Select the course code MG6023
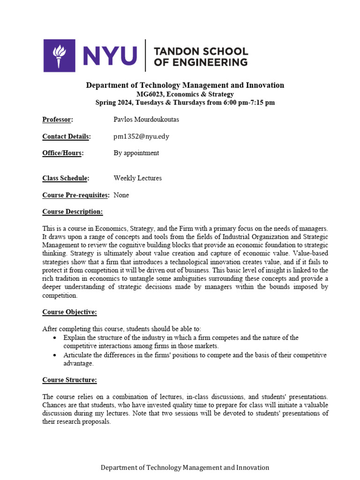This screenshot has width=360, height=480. click(152, 94)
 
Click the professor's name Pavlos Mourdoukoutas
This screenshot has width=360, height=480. click(146, 120)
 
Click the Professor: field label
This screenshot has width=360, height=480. click(58, 120)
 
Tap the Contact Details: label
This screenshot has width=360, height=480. click(66, 136)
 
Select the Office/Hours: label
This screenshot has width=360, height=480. click(63, 153)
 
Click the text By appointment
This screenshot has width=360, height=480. click(136, 153)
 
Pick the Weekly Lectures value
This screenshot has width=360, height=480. click(137, 178)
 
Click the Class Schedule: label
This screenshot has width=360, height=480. click(66, 178)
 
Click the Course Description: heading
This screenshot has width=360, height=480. click(73, 212)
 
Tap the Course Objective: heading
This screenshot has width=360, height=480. click(70, 312)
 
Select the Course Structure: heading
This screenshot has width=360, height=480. click(70, 380)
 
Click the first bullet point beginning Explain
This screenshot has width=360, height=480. click(56, 338)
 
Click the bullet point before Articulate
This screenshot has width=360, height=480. click(56, 355)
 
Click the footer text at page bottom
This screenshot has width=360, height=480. click(185, 467)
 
